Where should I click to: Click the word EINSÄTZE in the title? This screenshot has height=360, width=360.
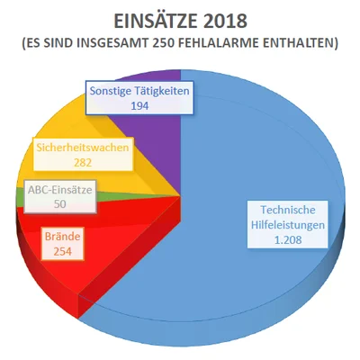pos(152,21)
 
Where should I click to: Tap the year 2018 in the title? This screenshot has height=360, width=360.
pos(221,22)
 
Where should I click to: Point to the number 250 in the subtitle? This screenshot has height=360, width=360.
pos(163,43)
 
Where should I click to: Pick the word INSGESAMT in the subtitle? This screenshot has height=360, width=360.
pos(112,43)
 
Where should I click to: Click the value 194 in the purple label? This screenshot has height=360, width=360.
pos(139,105)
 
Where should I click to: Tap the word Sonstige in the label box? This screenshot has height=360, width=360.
pos(108,91)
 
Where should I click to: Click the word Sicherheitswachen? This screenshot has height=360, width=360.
pos(83,148)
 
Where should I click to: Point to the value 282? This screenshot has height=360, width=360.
pos(83,163)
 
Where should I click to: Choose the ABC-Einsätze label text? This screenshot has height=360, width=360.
pos(60,190)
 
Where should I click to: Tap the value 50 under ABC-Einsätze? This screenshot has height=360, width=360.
pos(60,204)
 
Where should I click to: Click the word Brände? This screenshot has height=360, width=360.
pos(63,237)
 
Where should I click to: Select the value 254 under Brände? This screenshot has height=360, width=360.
pos(63,251)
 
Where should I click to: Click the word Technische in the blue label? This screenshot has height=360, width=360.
pos(288,210)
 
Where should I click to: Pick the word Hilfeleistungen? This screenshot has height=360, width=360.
pos(288,225)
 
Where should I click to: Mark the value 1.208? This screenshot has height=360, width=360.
pos(288,239)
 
